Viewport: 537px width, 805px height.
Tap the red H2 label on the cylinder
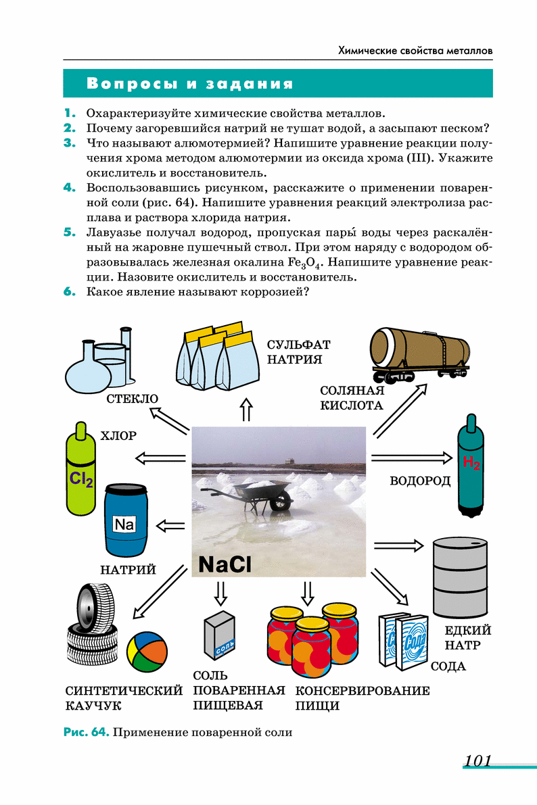[471, 463]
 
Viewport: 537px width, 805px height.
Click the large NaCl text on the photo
[225, 564]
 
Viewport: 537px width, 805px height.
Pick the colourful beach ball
[147, 652]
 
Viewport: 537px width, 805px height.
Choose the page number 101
[477, 761]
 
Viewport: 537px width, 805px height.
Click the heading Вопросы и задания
[190, 84]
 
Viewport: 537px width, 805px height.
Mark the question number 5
[69, 232]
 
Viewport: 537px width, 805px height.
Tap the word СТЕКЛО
[132, 399]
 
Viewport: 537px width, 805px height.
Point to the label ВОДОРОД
[420, 481]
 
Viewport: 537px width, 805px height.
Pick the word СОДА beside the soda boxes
[448, 666]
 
